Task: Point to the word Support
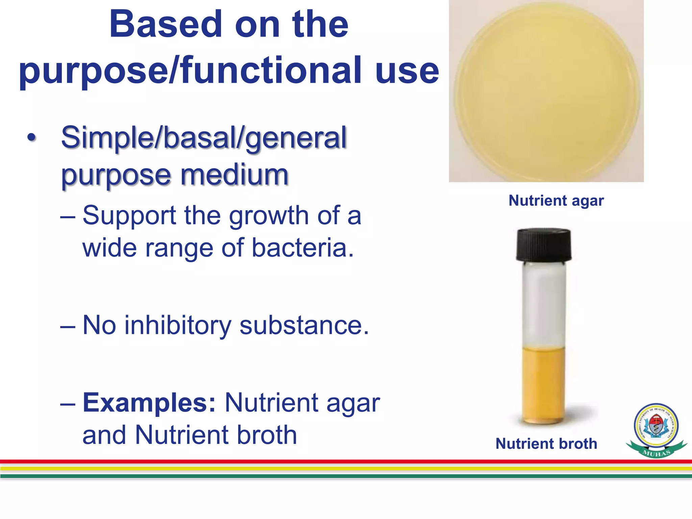[129, 216]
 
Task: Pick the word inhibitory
[178, 325]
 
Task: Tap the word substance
[304, 325]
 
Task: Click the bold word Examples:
[149, 403]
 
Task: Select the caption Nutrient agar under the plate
[556, 201]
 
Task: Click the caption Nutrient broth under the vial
[546, 444]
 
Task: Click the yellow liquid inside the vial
[543, 385]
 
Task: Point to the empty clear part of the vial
[543, 304]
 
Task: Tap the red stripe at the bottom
[346, 462]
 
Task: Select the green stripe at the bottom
[346, 476]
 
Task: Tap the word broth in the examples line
[267, 435]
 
